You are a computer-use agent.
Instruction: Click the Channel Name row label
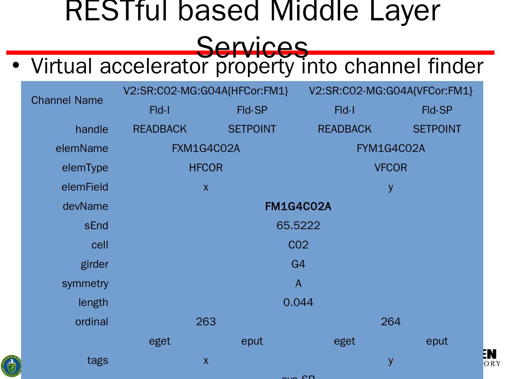[67, 100]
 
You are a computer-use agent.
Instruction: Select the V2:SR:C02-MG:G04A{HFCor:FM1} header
[206, 91]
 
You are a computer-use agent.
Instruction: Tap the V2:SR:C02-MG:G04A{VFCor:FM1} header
[391, 91]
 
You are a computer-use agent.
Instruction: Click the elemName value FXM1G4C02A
[206, 148]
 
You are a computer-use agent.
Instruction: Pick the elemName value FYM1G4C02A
[391, 148]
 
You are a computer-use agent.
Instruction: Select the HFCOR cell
[206, 168]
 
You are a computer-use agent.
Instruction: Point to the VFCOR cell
[391, 168]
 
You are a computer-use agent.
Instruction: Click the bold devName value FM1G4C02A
[298, 206]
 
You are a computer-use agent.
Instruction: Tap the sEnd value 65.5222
[298, 225]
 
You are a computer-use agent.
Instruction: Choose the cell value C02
[298, 245]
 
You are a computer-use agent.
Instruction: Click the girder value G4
[298, 264]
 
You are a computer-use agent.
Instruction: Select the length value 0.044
[298, 302]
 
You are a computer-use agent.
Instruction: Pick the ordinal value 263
[206, 321]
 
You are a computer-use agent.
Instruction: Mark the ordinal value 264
[391, 321]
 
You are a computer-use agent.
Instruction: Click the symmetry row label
[85, 283]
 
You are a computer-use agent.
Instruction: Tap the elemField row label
[85, 187]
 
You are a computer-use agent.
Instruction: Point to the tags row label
[97, 360]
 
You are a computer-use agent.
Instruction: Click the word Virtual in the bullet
[62, 66]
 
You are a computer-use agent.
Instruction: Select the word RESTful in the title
[118, 11]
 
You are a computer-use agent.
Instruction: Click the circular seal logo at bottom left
[11, 366]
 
